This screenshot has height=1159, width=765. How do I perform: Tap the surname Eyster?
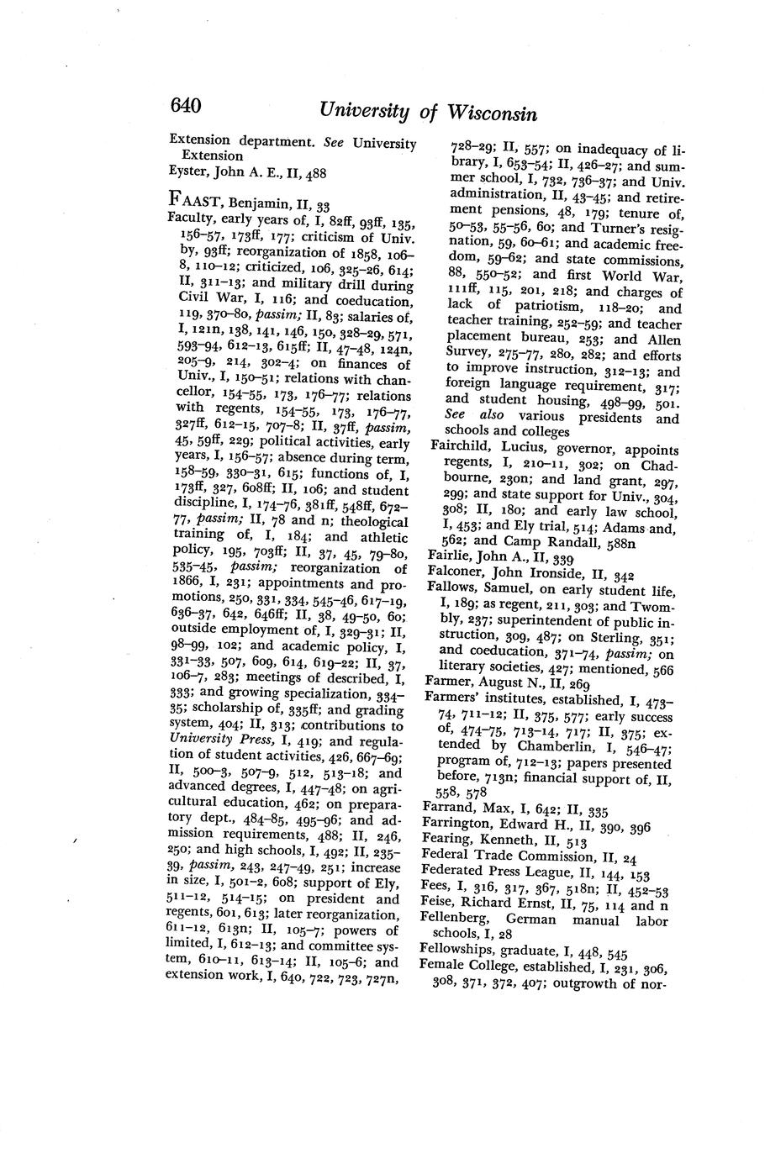190,173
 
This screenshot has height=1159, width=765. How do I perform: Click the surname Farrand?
450,809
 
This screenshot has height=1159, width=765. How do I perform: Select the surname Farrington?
459,824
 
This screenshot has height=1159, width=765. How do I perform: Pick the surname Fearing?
450,840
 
